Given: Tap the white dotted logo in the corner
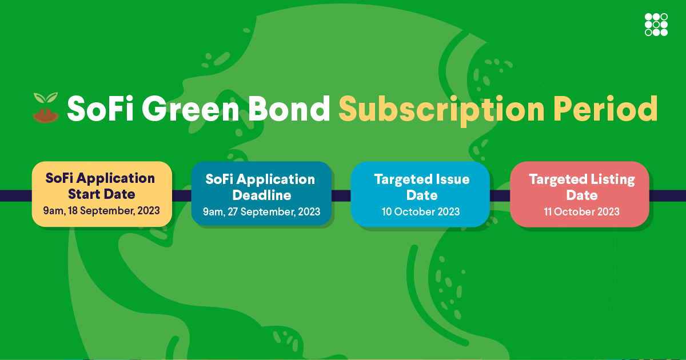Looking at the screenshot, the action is click(656, 24).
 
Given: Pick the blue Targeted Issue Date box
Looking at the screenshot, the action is click(421, 195).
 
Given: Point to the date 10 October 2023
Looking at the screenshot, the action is click(421, 212).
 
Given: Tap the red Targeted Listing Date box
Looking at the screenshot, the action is click(581, 195).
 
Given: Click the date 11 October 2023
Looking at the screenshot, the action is click(581, 212).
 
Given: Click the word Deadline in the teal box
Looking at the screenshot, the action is click(261, 195).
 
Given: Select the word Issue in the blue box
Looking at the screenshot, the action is click(453, 179).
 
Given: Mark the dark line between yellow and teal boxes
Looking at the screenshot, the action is click(181, 195).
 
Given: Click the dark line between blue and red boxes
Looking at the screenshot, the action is click(500, 195).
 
